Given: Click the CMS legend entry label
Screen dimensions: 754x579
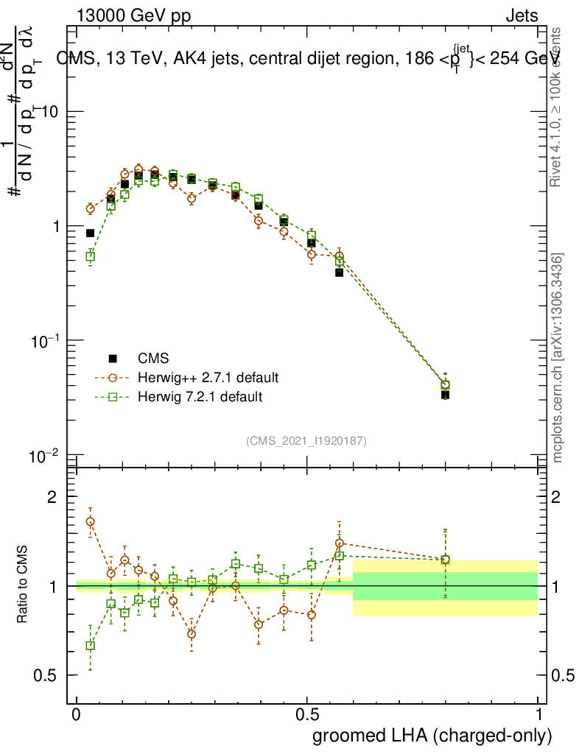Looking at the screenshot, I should click(x=153, y=359).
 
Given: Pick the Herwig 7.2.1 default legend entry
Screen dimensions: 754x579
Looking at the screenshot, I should click(x=200, y=397).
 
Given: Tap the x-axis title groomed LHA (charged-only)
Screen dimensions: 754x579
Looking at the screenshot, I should click(x=432, y=736).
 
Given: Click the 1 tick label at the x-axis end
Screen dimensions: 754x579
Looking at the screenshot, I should click(x=538, y=715).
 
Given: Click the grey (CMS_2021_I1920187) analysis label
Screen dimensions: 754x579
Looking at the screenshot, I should click(x=306, y=440).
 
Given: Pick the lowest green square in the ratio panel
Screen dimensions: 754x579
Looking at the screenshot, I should click(x=91, y=646).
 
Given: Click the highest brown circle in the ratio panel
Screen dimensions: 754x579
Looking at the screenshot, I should click(x=91, y=521).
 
